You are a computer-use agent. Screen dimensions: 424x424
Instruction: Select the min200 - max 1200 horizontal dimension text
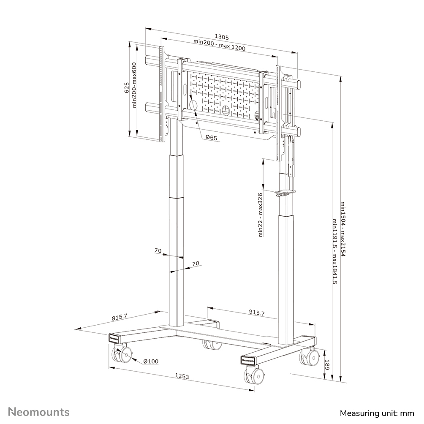pyautogui.click(x=219, y=48)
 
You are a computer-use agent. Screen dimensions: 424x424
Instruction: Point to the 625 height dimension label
pyautogui.click(x=126, y=88)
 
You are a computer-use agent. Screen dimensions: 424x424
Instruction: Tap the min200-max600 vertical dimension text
pyautogui.click(x=134, y=86)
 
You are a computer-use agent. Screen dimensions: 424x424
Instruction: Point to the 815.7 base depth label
pyautogui.click(x=120, y=316)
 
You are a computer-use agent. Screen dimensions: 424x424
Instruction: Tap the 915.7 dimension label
pyautogui.click(x=256, y=313)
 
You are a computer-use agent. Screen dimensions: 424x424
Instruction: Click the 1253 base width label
pyautogui.click(x=182, y=376)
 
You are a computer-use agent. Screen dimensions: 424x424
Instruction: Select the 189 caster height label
pyautogui.click(x=326, y=364)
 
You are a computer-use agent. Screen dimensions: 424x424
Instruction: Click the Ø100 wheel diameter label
pyautogui.click(x=150, y=361)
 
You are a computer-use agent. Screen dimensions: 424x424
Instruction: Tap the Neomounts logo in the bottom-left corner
pyautogui.click(x=39, y=412)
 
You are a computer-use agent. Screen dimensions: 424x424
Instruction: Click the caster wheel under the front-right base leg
pyautogui.click(x=255, y=375)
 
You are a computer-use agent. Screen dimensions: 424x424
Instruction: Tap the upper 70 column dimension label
pyautogui.click(x=158, y=251)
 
